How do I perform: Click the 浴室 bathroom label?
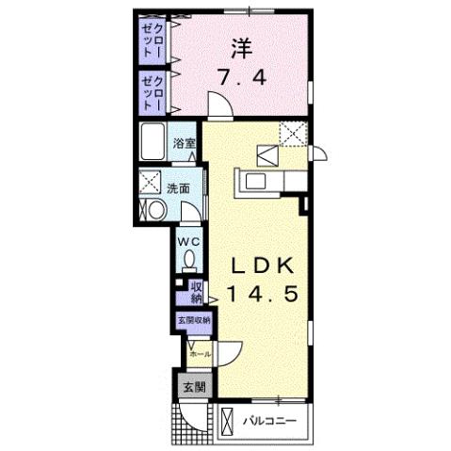pyautogui.click(x=185, y=144)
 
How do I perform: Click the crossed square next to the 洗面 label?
pyautogui.click(x=150, y=181)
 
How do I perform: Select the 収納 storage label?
pyautogui.click(x=196, y=293)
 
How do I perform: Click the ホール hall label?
pyautogui.click(x=200, y=353)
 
